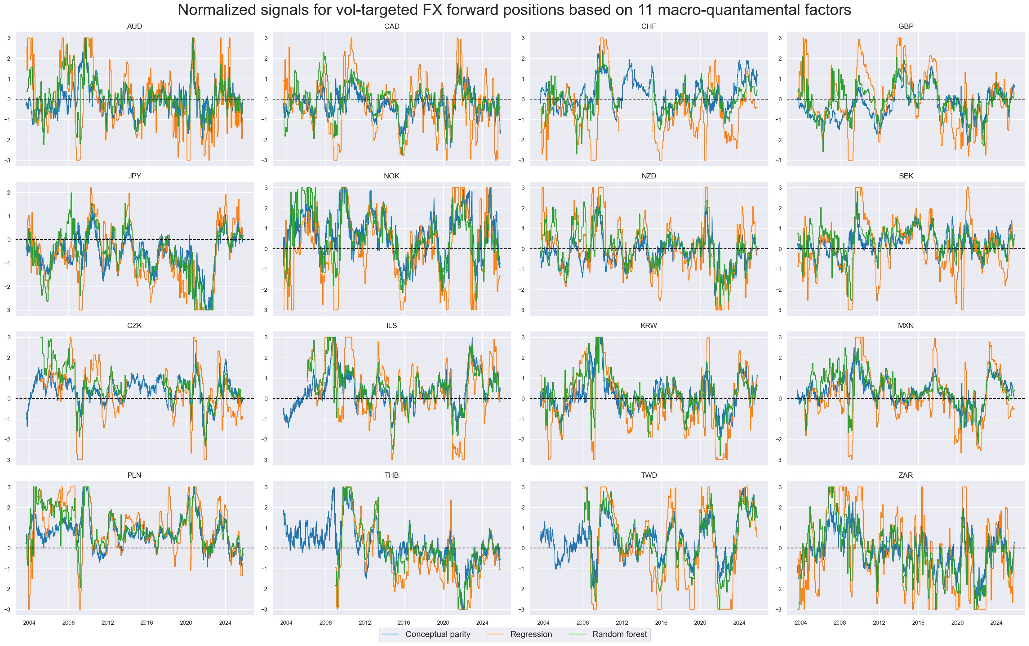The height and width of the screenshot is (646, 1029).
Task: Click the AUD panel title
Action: pos(134,27)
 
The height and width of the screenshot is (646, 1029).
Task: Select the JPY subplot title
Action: pos(134,176)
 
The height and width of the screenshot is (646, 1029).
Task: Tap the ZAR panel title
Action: pos(906,475)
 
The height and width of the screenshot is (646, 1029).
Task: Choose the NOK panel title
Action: pos(391,176)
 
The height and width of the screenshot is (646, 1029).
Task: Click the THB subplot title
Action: pos(391,475)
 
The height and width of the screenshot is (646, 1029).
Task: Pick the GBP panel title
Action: pos(906,27)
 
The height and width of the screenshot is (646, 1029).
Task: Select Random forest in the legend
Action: pos(619,634)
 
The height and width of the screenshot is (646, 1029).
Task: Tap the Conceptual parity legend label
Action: pos(437,634)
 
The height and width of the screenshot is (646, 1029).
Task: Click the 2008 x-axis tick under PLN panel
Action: pos(68,622)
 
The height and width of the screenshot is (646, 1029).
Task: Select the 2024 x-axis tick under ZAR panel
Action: pos(996,622)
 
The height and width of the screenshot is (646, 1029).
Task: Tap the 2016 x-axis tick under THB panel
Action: pos(404,622)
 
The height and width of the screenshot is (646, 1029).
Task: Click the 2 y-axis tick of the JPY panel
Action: pos(9,193)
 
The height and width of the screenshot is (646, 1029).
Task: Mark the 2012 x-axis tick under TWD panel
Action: pos(622,622)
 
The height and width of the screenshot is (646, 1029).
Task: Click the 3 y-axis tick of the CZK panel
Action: pos(9,337)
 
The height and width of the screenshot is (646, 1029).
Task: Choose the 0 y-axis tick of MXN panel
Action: pos(780,399)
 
